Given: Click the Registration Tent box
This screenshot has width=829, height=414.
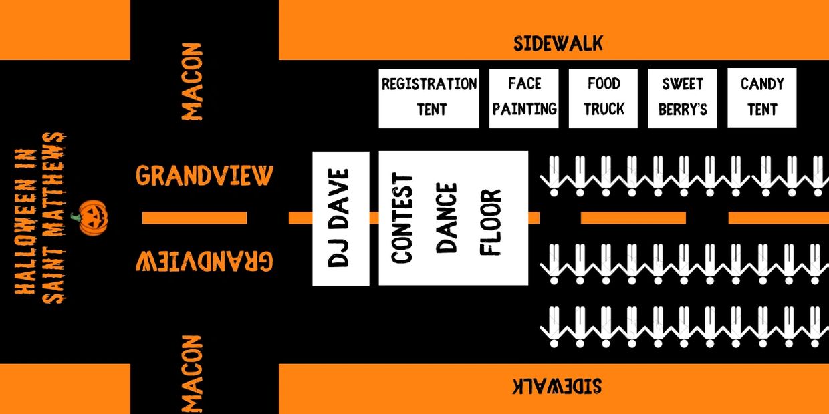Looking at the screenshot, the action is (429, 98).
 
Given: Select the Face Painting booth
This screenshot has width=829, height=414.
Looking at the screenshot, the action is (523, 98).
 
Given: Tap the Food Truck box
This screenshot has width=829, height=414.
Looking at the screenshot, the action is (603, 98).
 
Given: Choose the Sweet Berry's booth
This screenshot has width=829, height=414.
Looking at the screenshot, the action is (683, 98).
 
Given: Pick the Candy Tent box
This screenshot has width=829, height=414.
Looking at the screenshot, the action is (762, 98).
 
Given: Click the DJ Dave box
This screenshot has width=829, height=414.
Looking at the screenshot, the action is (341, 218).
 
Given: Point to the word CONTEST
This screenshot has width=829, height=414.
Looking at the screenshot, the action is (402, 218).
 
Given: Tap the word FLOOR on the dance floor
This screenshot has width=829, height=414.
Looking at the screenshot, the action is (490, 222).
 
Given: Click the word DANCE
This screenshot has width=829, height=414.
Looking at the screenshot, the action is (447, 218).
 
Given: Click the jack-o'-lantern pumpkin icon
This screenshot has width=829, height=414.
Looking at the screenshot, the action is (91, 218).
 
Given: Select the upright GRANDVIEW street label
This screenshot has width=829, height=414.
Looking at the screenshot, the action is (205, 175).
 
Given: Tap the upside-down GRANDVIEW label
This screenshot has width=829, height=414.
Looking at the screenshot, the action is (205, 262).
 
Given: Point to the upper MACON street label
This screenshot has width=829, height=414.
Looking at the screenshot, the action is (192, 81).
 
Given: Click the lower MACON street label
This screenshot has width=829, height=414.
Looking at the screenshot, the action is (192, 374).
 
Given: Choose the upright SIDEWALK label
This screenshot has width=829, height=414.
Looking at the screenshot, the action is (558, 43).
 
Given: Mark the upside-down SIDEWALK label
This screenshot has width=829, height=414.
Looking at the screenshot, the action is (558, 386).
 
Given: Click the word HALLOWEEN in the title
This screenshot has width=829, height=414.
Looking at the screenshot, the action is (26, 222).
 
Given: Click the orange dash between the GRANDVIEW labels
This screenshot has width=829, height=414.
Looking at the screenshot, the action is (195, 218).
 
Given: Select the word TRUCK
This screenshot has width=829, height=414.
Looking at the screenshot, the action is (604, 109).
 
